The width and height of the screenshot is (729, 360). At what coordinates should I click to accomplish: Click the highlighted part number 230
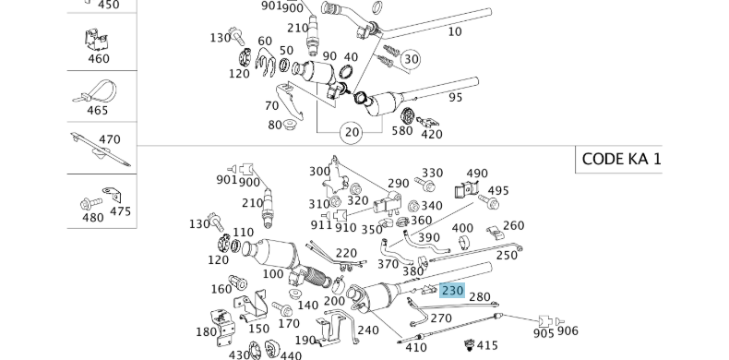tap(452, 291)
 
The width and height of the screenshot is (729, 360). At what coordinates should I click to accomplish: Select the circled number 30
tap(411, 59)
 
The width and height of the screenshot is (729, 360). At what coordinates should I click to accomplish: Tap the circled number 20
tap(352, 133)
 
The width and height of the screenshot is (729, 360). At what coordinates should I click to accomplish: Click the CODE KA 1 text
tap(621, 159)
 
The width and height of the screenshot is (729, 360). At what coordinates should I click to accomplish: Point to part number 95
tap(456, 98)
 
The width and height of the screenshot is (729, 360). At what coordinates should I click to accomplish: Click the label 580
tap(402, 131)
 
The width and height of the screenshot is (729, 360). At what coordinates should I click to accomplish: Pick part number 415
tap(487, 345)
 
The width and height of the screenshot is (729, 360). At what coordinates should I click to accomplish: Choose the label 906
tap(568, 330)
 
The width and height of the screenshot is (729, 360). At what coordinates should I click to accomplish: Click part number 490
tap(477, 174)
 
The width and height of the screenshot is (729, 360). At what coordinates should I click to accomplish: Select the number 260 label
tap(514, 225)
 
